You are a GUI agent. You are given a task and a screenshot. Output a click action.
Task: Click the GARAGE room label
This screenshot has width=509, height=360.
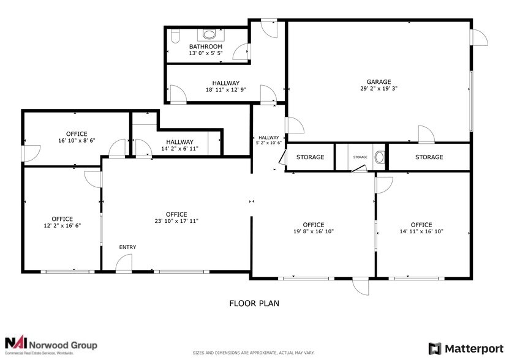(x=379, y=81)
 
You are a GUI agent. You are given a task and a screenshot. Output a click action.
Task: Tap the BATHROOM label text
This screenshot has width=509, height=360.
(x=205, y=47)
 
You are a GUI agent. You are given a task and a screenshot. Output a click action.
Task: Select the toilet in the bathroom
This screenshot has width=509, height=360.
(x=173, y=37)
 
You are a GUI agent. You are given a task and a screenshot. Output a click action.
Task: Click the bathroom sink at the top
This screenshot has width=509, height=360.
(x=209, y=34)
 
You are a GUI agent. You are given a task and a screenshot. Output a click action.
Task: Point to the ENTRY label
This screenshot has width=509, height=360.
(x=127, y=247)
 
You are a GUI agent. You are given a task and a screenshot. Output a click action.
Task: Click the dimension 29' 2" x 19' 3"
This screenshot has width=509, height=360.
(x=379, y=89)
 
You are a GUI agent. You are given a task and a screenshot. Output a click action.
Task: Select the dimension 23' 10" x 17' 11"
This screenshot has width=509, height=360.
(x=176, y=221)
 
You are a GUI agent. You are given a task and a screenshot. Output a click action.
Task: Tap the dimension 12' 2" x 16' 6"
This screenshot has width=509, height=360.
(x=62, y=226)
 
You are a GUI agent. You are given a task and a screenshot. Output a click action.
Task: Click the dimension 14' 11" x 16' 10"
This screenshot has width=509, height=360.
(x=421, y=231)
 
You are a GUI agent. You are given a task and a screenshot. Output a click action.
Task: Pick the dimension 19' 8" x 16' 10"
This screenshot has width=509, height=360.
(x=313, y=231)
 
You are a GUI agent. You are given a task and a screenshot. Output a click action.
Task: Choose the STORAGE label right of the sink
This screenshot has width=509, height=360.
(x=429, y=157)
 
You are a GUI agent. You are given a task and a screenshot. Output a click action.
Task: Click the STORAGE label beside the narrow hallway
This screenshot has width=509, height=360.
(x=310, y=157)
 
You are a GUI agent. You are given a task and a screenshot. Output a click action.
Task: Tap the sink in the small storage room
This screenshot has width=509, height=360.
(x=379, y=157)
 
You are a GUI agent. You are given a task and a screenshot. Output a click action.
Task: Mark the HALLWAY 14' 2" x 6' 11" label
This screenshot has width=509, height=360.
(x=179, y=145)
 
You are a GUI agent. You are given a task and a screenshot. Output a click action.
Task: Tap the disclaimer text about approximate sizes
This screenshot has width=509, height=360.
(x=254, y=353)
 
